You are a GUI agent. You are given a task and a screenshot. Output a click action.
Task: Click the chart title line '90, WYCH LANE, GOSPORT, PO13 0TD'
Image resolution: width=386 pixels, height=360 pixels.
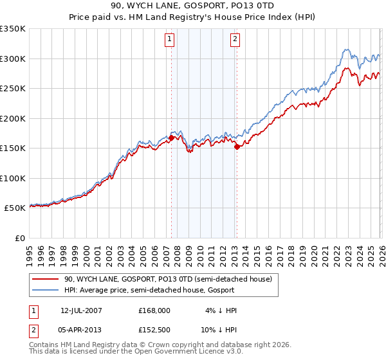pyautogui.click(x=193, y=6)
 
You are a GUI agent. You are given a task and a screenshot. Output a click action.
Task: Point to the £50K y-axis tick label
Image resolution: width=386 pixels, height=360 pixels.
pyautogui.click(x=15, y=208)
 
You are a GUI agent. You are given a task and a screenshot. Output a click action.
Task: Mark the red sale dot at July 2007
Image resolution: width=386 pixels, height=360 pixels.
pyautogui.click(x=172, y=138)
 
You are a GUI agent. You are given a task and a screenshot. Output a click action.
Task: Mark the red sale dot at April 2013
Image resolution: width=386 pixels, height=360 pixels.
pyautogui.click(x=237, y=147)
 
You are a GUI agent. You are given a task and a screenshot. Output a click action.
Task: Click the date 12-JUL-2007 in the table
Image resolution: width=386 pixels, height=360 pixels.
pyautogui.click(x=81, y=310)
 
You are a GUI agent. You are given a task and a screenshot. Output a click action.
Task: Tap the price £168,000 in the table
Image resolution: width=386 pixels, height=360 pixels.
pyautogui.click(x=154, y=310)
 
